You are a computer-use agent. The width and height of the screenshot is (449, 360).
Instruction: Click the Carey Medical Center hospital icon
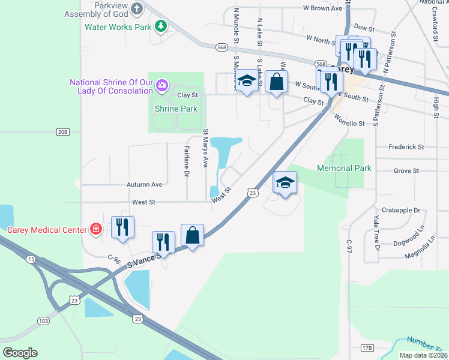95,229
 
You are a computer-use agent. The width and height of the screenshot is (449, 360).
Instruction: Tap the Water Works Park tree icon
160,26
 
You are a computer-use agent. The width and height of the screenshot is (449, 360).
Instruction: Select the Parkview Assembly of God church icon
137,9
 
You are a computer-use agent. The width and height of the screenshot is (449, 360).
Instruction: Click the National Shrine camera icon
161,86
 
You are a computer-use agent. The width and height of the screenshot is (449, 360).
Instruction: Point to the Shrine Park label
176,109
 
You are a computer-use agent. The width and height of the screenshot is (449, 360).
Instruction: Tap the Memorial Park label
345,169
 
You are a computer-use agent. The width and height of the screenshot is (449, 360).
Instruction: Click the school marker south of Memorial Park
285,181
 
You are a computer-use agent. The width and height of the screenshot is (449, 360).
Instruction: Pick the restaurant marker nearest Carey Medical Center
122,226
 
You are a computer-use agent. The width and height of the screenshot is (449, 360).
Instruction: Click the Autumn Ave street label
145,185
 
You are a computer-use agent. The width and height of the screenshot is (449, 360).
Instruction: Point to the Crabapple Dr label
400,211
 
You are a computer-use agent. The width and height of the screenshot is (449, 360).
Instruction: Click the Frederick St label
406,146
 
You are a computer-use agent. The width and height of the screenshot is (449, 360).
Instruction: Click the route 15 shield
31,259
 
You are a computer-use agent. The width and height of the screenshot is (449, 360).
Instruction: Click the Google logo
20,352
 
